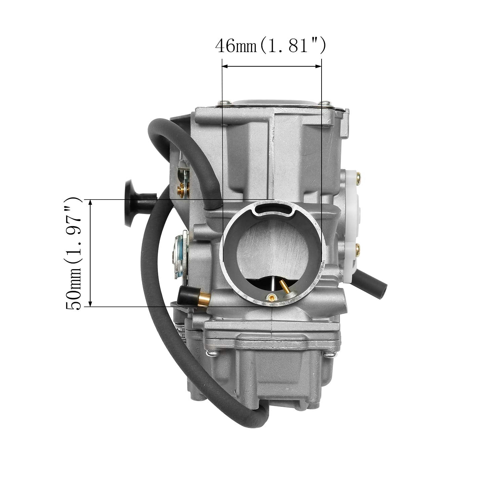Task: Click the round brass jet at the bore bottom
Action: (271, 296)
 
